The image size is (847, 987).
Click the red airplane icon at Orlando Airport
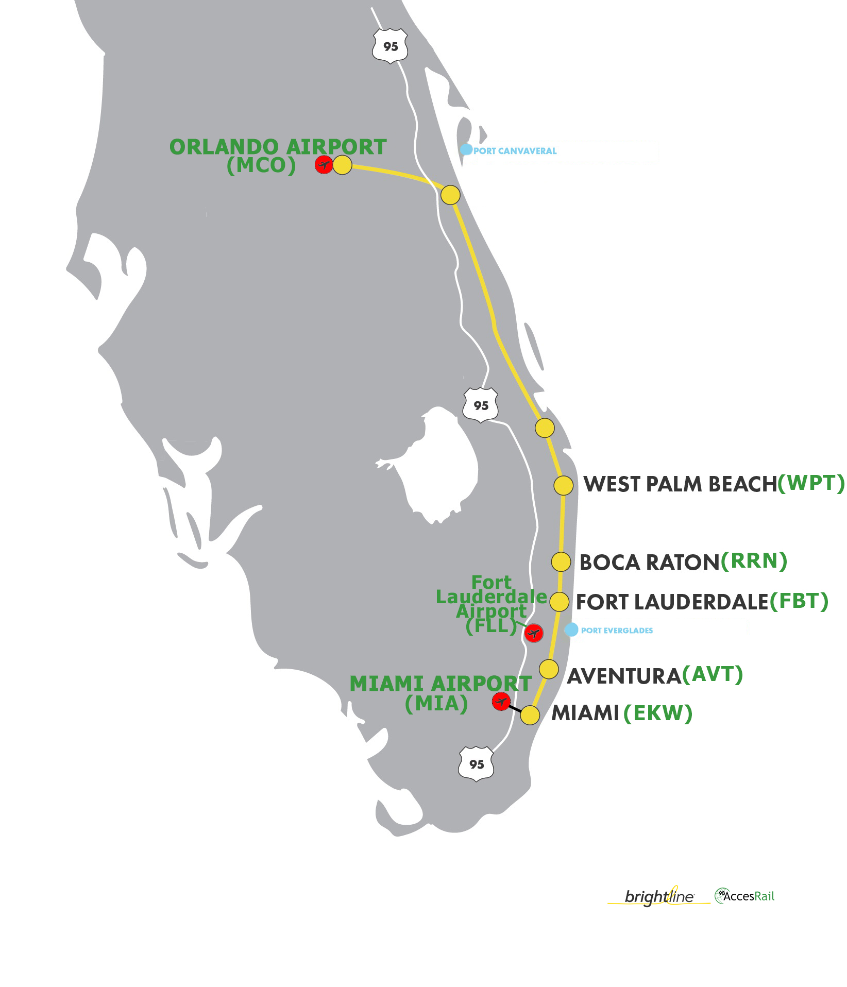(324, 165)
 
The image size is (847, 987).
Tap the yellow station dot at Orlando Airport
(342, 165)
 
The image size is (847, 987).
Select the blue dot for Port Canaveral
(466, 149)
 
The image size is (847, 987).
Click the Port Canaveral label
(515, 151)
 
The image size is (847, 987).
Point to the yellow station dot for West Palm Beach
(563, 485)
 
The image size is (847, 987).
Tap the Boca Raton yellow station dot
(561, 561)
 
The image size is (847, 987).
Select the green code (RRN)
(754, 561)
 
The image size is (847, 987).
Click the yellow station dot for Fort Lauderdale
(559, 602)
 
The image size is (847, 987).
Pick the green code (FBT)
(799, 601)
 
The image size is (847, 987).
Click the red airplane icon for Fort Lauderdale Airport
(534, 633)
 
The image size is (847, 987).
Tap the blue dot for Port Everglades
(571, 629)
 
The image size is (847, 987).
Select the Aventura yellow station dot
(549, 669)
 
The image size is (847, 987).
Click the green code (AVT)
(713, 674)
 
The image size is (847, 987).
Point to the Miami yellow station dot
(530, 715)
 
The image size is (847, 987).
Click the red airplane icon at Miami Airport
(501, 701)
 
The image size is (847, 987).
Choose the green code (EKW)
(658, 713)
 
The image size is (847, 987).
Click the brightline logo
(659, 896)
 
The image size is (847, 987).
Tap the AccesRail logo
(744, 896)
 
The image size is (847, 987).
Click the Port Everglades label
(617, 631)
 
